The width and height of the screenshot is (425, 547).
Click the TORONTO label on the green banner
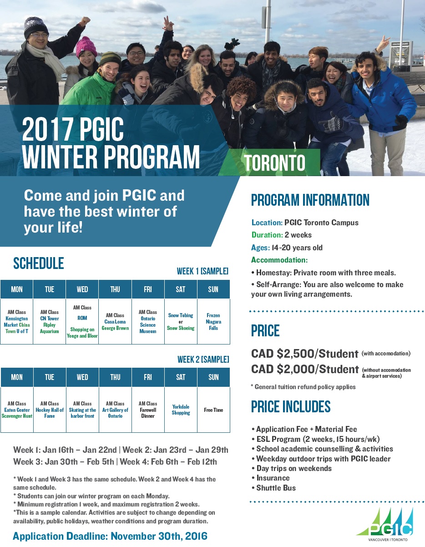click(x=275, y=162)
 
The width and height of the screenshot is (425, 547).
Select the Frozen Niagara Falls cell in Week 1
click(x=213, y=321)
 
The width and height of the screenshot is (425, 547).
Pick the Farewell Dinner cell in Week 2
click(x=148, y=410)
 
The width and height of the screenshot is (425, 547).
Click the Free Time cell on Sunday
click(x=213, y=410)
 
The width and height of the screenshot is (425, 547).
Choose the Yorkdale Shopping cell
click(x=181, y=410)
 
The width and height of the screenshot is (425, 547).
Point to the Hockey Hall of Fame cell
click(x=50, y=410)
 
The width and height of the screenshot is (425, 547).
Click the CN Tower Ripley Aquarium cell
click(x=49, y=321)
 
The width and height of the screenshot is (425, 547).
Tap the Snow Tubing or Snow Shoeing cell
click(x=181, y=321)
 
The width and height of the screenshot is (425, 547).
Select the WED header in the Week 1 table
click(x=82, y=289)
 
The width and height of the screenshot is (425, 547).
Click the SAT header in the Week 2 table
click(x=181, y=377)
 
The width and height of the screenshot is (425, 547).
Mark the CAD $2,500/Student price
click(x=305, y=354)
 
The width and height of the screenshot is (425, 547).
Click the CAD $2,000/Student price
click(x=305, y=369)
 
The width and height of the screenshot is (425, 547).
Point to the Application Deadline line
click(x=110, y=536)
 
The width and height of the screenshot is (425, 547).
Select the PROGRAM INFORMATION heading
click(x=310, y=200)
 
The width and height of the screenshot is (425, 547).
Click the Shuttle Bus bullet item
click(x=274, y=488)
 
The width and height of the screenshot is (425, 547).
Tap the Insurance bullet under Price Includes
click(x=271, y=478)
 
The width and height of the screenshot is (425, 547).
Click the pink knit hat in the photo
click(x=86, y=46)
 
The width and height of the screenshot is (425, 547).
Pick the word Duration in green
click(x=267, y=235)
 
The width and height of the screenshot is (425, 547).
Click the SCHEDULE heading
click(x=39, y=263)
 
